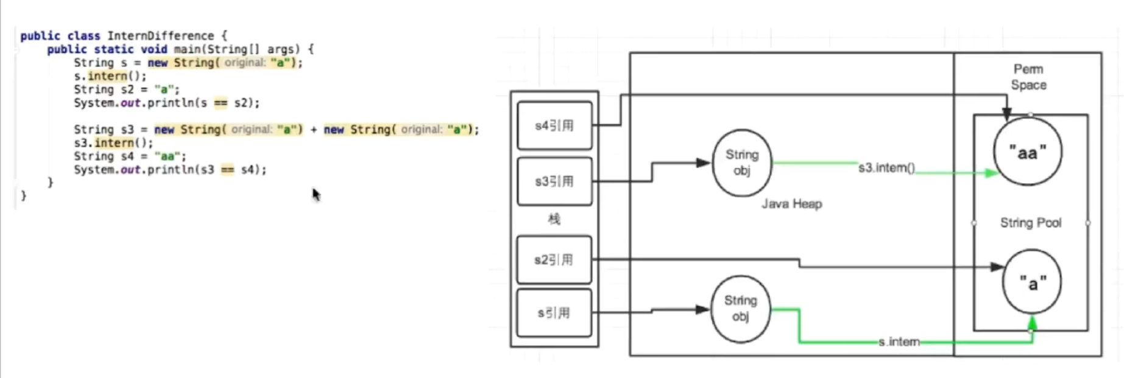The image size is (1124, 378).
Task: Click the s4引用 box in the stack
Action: pos(554,126)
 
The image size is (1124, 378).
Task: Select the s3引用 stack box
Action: pos(554,181)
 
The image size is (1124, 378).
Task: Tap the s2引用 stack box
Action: pos(554,260)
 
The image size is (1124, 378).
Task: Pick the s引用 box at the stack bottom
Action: pos(554,313)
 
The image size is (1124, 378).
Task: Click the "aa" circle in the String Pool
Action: pos(1028,152)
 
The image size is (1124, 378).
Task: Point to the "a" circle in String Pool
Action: pos(1032,282)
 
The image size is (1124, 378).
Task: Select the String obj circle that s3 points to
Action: pos(741,163)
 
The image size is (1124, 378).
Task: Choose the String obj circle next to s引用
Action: pos(740,308)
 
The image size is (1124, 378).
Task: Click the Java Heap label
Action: pos(791,204)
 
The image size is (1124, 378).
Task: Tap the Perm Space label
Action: pos(1028,77)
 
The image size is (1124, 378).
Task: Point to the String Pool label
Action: pos(1031,223)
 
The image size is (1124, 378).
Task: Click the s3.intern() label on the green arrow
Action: pos(886,168)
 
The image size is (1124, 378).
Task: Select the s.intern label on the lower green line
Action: pos(899,342)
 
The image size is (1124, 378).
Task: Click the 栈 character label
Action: pos(554,219)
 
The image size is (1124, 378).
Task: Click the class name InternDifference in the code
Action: pos(161,36)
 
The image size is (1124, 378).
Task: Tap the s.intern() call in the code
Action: pos(110,76)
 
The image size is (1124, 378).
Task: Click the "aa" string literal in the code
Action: pos(167,156)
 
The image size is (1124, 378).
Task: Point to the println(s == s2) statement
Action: pos(166,103)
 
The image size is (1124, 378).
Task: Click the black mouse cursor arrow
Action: pos(316,194)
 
